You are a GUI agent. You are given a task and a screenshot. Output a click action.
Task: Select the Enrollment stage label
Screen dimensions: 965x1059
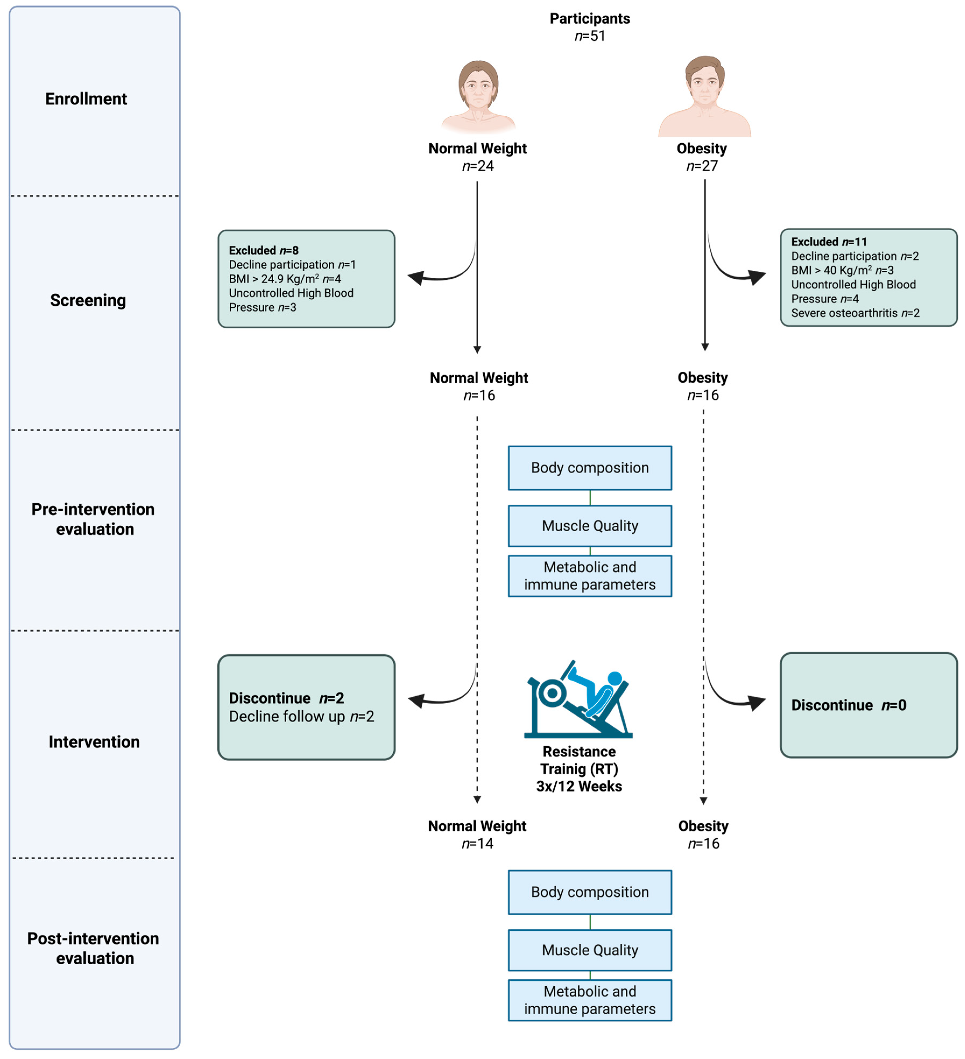[86, 99]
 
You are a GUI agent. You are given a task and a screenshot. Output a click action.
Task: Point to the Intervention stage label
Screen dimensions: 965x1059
[94, 742]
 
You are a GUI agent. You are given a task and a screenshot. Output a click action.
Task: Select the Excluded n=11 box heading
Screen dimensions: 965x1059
[829, 242]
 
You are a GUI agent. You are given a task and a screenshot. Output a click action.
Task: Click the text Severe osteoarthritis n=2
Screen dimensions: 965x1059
[855, 313]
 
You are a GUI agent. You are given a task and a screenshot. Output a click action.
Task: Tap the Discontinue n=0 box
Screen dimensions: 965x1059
[868, 705]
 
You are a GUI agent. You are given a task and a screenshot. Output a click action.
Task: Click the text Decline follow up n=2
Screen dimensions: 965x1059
[302, 716]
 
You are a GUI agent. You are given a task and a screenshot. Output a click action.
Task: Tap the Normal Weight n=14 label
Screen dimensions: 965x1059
[477, 835]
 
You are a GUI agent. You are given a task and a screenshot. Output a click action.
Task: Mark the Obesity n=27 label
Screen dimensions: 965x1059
[702, 157]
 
